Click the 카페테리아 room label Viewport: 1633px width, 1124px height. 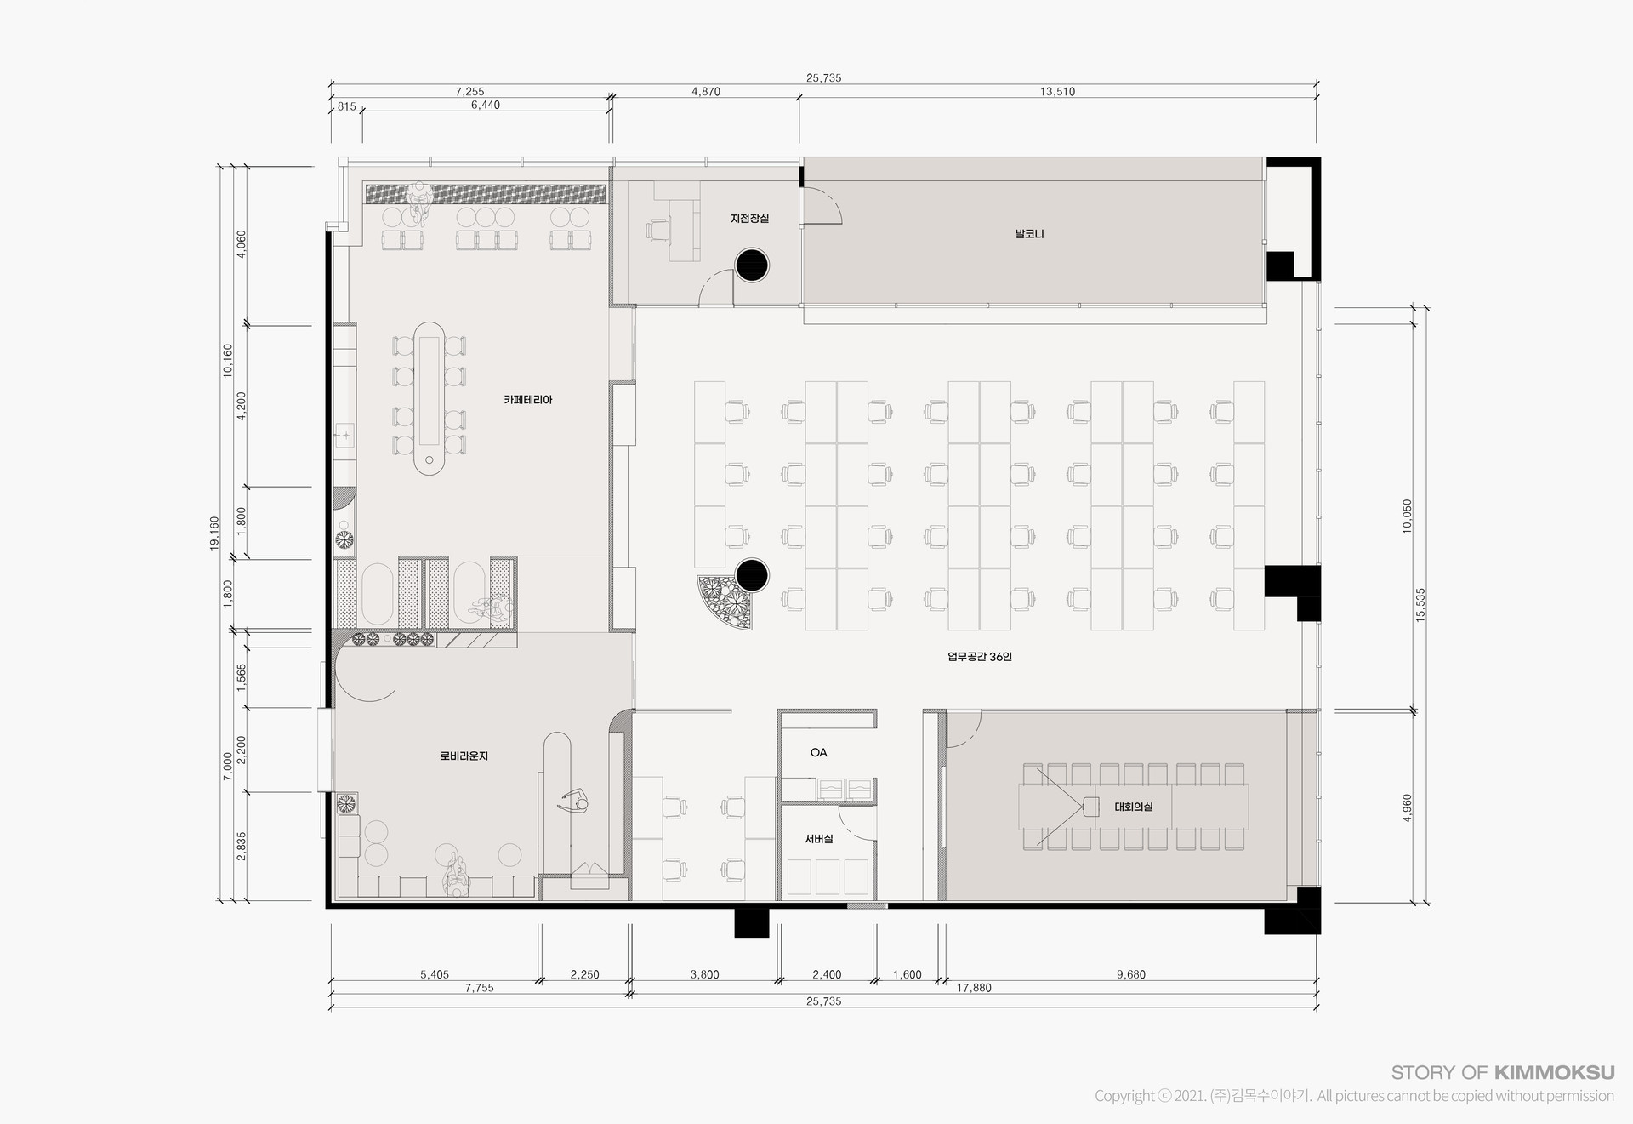click(528, 399)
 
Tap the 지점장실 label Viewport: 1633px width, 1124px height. click(749, 219)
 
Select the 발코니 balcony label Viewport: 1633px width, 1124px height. click(1029, 233)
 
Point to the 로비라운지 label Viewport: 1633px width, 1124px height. click(464, 756)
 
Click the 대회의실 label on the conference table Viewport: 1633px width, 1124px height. click(1134, 807)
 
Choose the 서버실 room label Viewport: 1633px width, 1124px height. click(819, 839)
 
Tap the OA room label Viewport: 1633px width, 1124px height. click(818, 752)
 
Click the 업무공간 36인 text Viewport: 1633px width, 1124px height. click(980, 657)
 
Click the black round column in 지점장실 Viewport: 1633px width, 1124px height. click(752, 265)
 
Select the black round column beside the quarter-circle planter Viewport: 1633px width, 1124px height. click(752, 575)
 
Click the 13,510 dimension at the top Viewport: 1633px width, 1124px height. click(1057, 92)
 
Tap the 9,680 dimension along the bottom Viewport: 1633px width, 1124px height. click(1131, 975)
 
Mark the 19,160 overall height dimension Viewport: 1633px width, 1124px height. click(214, 533)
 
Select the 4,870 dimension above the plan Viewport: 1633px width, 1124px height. click(706, 92)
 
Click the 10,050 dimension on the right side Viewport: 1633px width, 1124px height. click(1407, 516)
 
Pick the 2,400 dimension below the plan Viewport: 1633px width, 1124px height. click(827, 975)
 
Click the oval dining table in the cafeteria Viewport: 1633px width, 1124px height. click(431, 397)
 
